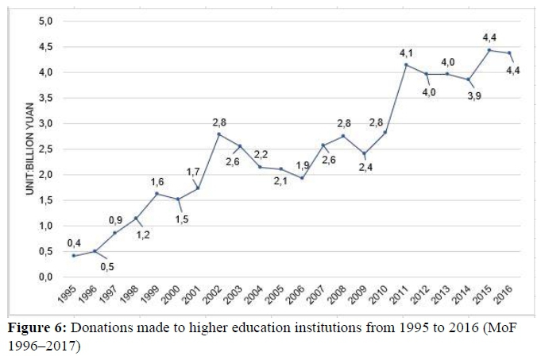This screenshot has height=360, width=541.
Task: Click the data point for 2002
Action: [219, 134]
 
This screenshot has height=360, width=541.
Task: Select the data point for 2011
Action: [406, 64]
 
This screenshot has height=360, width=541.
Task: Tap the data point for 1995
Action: [74, 255]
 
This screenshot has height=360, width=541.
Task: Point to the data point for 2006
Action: [302, 178]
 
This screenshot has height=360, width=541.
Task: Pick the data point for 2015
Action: [489, 50]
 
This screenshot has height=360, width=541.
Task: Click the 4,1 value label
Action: [405, 52]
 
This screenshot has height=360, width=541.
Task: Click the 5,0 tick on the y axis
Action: [45, 21]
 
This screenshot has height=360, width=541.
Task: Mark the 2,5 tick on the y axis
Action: [45, 149]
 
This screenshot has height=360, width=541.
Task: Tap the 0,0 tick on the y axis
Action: [45, 277]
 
